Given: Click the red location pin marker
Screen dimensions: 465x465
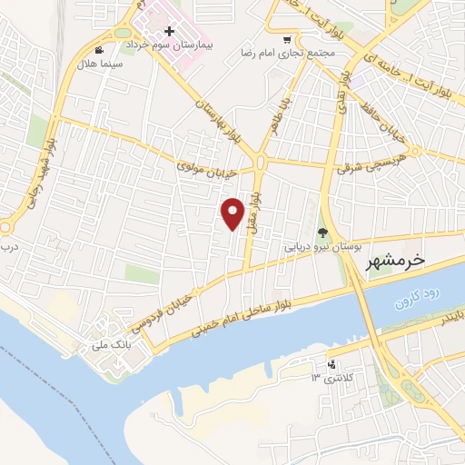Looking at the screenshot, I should coord(233,213).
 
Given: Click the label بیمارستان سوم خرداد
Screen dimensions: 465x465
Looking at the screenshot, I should coord(169,45).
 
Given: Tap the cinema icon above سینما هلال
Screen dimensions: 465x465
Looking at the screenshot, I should coord(98,51).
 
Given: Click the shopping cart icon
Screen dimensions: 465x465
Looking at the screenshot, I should coord(288,39).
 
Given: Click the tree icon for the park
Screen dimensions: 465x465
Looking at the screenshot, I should coord(321,232).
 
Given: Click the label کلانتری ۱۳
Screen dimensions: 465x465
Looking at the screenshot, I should coord(330,377).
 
